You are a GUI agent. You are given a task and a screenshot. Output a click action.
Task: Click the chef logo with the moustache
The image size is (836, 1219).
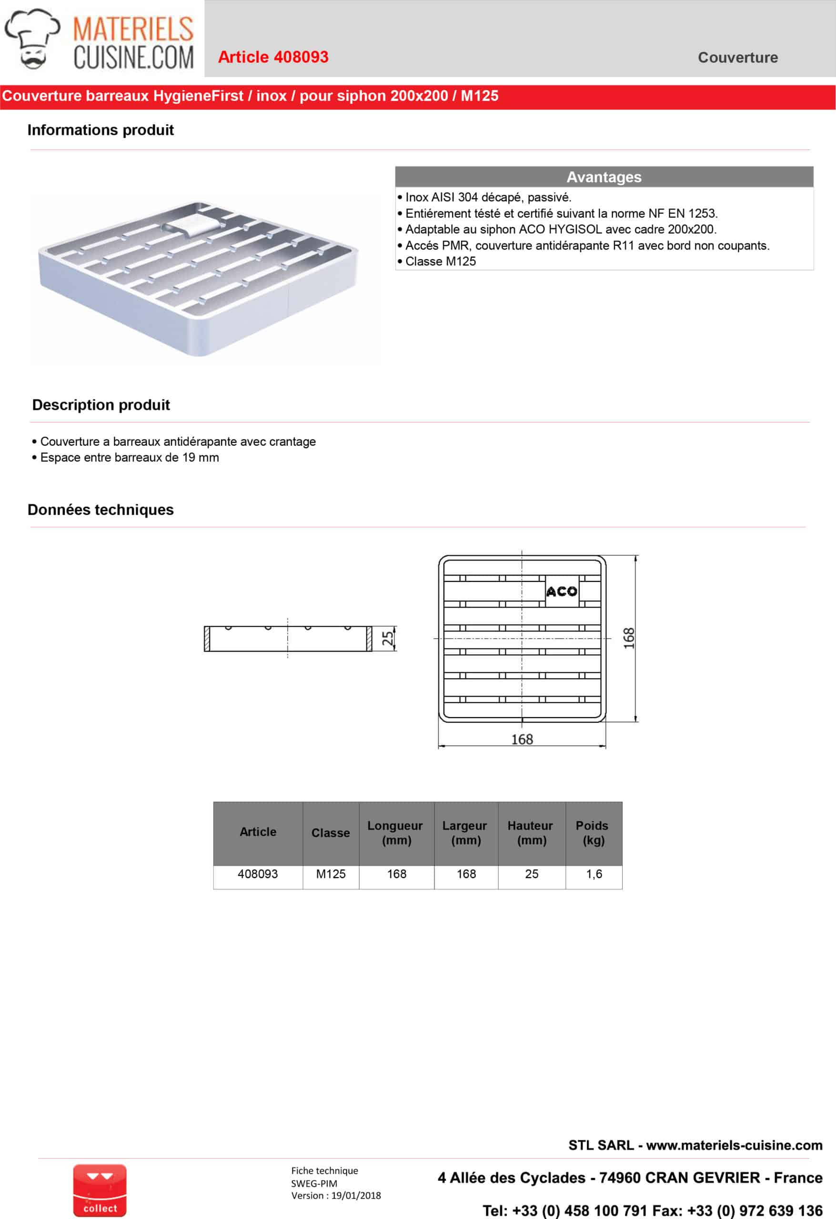[x=32, y=39]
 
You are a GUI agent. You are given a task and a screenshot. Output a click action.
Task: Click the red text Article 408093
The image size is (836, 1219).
[x=273, y=57]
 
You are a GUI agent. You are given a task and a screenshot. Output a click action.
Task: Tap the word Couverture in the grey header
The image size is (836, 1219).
[x=737, y=57]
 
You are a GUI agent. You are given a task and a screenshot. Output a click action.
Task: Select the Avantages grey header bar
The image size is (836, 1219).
[x=604, y=177]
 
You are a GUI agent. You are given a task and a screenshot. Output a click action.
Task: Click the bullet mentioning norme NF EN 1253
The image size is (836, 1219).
[x=561, y=213]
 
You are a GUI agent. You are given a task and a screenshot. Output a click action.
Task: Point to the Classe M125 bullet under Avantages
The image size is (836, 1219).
[x=440, y=261]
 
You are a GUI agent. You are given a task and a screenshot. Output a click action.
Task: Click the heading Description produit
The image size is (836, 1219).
[x=101, y=405]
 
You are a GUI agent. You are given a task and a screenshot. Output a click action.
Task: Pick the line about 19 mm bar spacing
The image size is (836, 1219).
[x=129, y=458]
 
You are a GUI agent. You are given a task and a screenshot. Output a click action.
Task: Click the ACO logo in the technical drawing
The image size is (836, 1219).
[x=562, y=592]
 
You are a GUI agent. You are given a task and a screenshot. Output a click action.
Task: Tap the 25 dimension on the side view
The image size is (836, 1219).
[x=387, y=639]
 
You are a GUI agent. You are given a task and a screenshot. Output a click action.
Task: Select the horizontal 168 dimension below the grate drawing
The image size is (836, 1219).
[x=522, y=739]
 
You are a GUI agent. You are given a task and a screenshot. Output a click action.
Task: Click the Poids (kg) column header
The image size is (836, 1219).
[x=593, y=832]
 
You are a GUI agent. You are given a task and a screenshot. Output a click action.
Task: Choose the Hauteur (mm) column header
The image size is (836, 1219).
[x=531, y=832]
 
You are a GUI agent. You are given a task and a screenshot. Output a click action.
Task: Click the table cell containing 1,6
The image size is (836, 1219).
[x=594, y=874]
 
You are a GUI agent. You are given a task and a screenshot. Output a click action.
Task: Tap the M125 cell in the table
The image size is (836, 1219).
[x=331, y=874]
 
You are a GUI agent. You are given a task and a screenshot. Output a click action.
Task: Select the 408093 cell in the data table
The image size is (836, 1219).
[x=258, y=874]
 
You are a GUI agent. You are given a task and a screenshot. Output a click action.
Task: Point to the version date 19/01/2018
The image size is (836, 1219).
[x=356, y=1195]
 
